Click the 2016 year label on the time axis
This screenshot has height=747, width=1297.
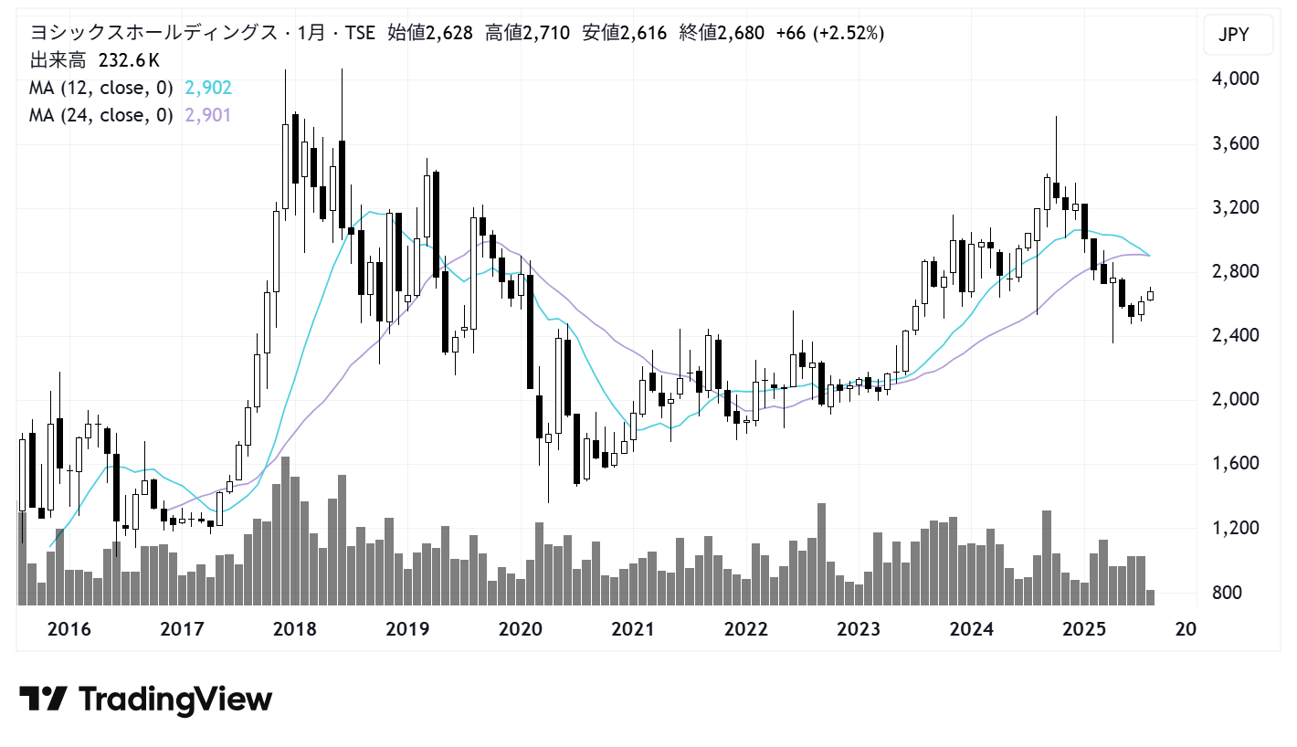[69, 629]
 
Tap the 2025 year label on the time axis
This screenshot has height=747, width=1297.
[1085, 629]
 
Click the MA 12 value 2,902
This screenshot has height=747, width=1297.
[207, 89]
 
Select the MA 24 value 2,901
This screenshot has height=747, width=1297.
[207, 115]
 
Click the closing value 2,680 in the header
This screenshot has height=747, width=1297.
[739, 34]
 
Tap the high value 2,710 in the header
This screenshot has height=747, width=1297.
[543, 34]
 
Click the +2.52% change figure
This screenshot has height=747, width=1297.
[849, 34]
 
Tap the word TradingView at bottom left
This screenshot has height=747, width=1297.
[175, 700]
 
